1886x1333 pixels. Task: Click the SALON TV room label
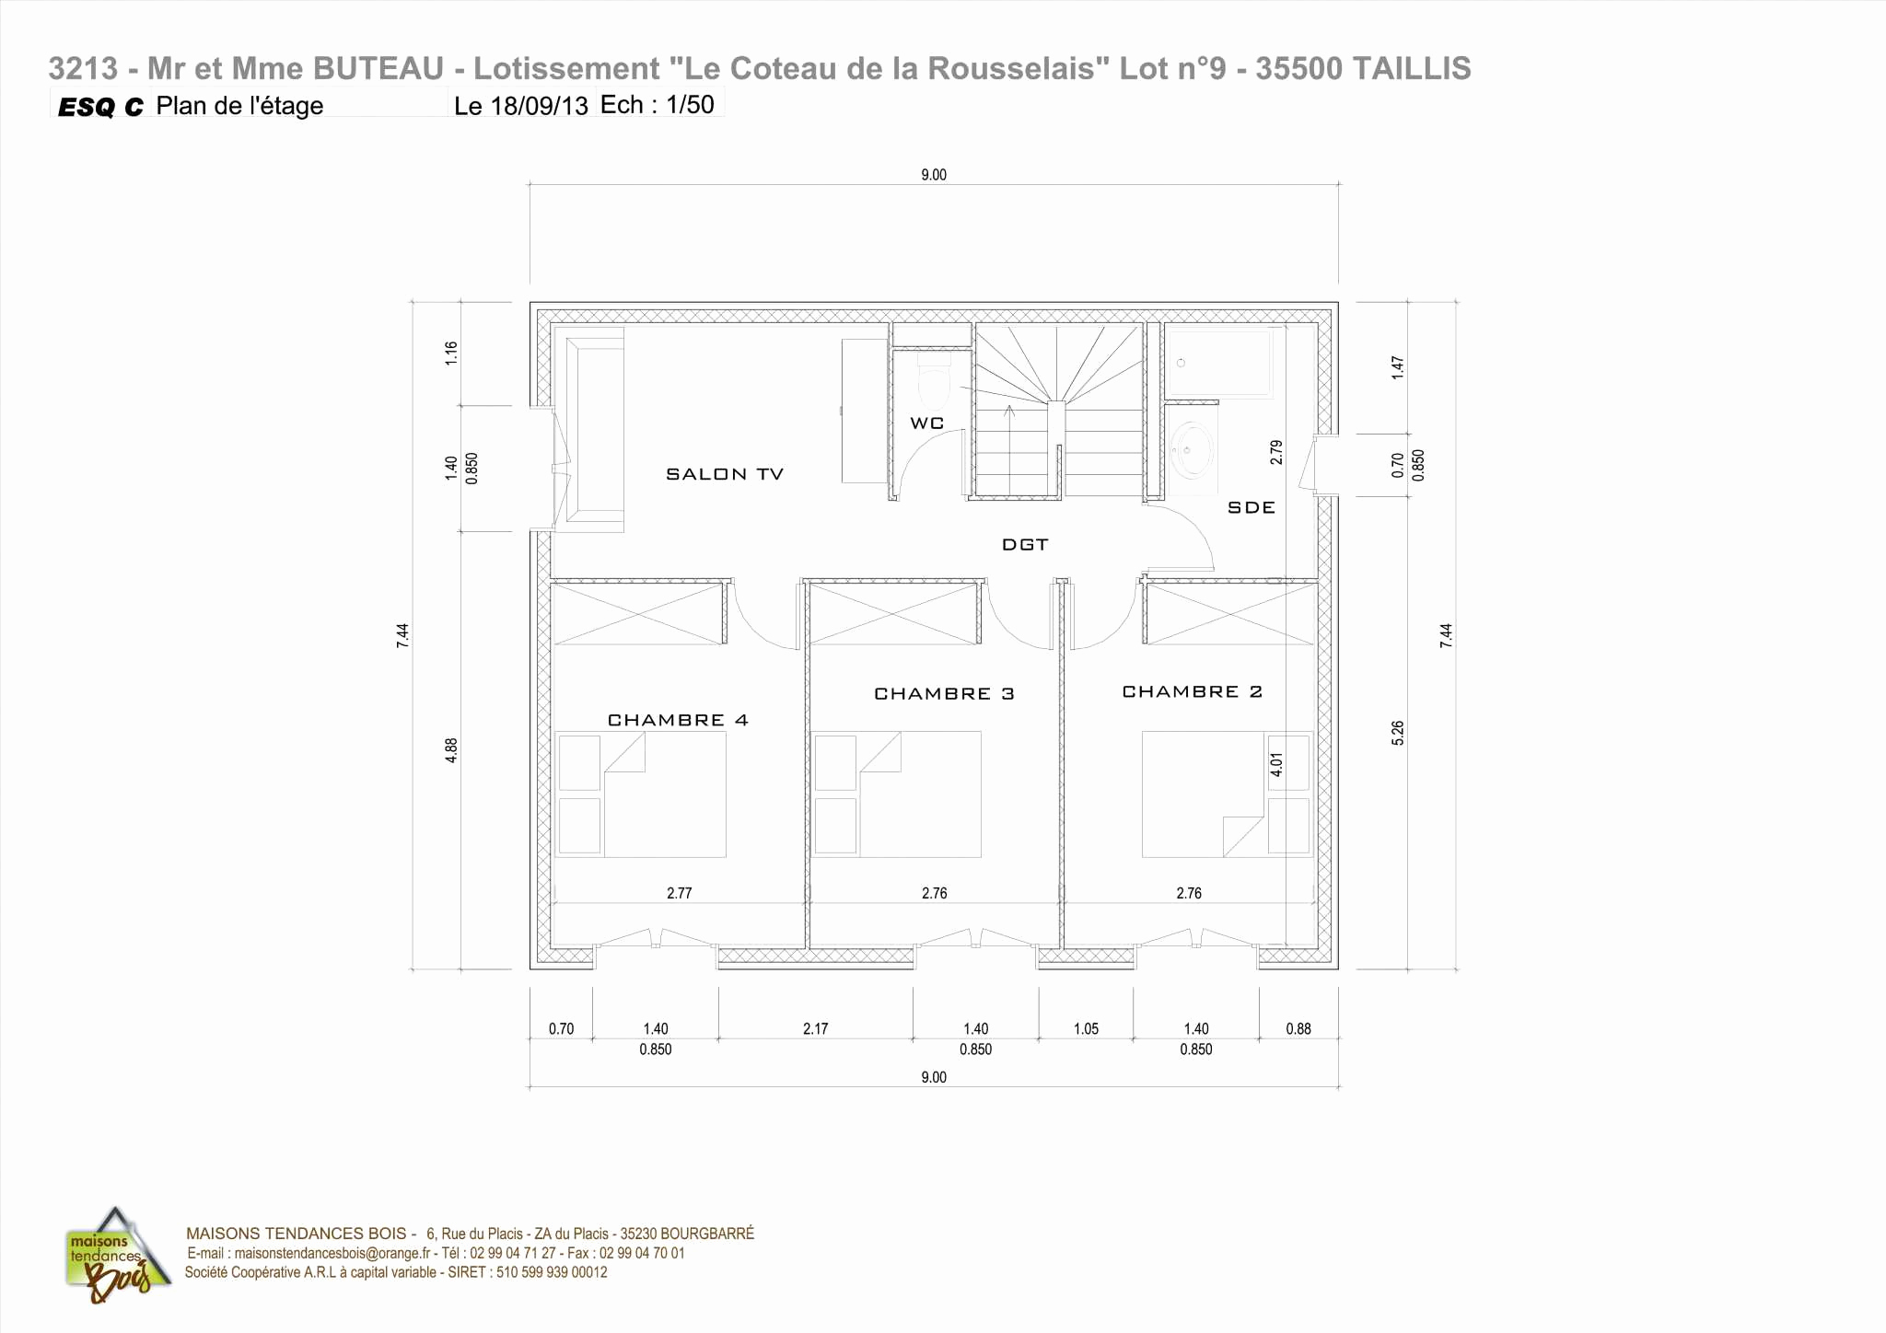724,474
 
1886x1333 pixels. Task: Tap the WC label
926,423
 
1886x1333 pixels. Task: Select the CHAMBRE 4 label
678,720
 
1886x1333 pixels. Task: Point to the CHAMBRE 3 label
944,693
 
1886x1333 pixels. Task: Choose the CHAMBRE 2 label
1192,691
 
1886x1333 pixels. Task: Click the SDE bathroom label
1252,507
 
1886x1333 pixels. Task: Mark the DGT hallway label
1025,545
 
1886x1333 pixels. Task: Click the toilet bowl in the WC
934,385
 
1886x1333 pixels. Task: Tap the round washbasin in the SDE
1192,450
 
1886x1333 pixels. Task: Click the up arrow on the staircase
1009,411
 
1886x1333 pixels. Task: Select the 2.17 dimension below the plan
815,1029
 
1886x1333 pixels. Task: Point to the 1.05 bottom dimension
1086,1029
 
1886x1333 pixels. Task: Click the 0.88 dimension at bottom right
1298,1029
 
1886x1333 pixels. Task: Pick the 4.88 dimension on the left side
451,750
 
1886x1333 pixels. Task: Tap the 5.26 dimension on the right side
1398,733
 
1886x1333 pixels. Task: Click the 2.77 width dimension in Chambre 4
679,893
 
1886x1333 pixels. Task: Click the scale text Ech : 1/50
657,105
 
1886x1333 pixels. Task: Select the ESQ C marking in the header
100,108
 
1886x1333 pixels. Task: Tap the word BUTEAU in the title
378,69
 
